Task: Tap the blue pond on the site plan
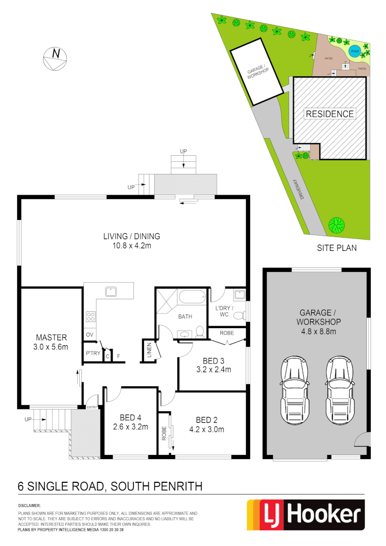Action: pos(355,51)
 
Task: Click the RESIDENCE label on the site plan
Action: pos(329,114)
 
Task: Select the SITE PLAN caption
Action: pos(336,248)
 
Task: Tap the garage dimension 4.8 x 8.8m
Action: pos(319,331)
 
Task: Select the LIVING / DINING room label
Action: pos(131,236)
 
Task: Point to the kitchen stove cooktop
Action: pos(91,317)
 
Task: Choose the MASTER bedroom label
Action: pos(52,337)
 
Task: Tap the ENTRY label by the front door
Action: pos(91,407)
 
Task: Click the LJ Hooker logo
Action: pos(306,515)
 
